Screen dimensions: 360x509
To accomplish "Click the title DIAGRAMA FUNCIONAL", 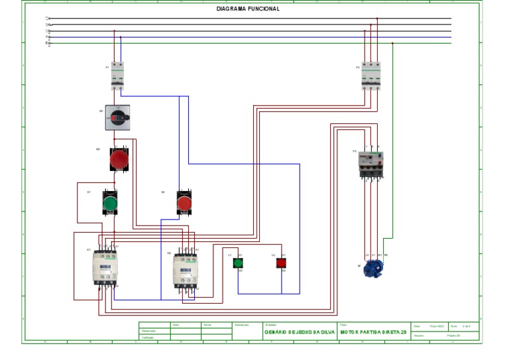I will tap(248, 9).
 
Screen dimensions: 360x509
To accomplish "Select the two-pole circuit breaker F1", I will tap(117, 76).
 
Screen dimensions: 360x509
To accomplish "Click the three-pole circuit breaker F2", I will tap(370, 76).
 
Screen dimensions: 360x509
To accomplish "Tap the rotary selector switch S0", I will tap(117, 117).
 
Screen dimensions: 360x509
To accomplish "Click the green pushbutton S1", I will tap(110, 201).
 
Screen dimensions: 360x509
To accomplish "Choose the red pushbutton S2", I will tap(184, 201).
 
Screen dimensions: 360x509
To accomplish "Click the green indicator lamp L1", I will tap(239, 263).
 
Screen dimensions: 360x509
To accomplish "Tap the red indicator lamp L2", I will tap(281, 263).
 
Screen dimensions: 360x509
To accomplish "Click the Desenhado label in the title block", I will tap(148, 331).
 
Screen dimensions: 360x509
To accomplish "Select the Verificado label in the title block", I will tap(148, 337).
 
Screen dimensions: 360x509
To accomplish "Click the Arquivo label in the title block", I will tap(419, 336).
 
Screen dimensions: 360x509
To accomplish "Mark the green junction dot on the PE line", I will tap(393, 44).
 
